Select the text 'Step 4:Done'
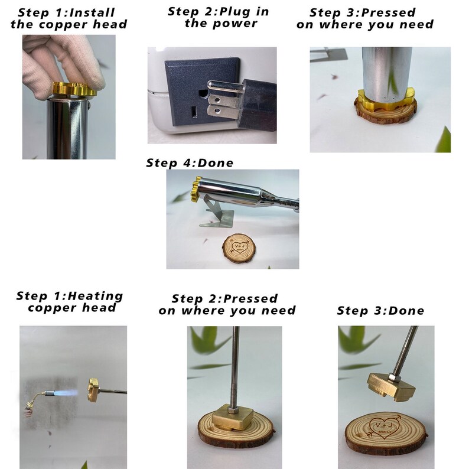tap(190, 163)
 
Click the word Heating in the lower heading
tap(96, 296)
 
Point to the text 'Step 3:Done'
tap(380, 311)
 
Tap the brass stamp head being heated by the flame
tap(93, 390)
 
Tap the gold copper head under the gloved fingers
tap(74, 89)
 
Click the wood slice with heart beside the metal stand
tap(239, 248)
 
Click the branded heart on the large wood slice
tap(385, 427)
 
